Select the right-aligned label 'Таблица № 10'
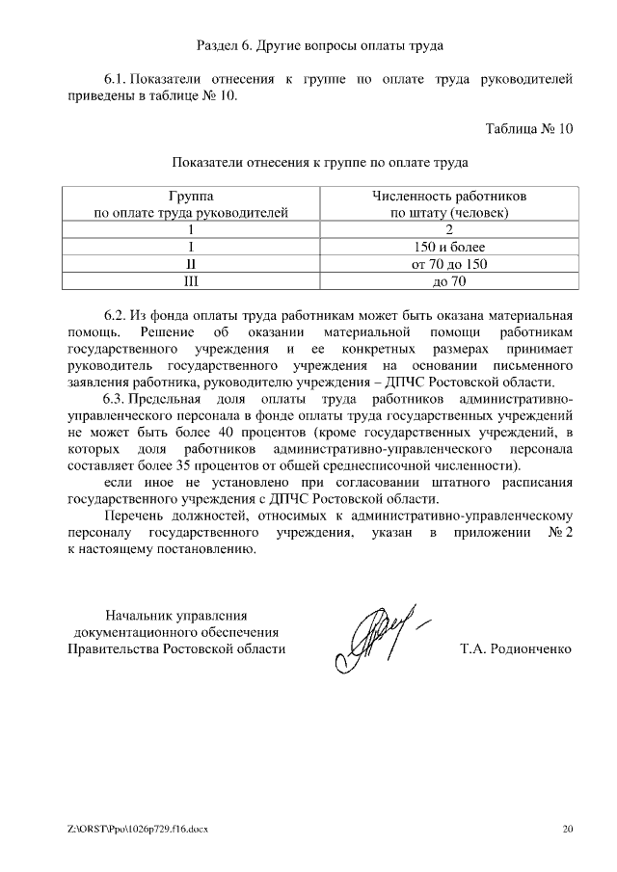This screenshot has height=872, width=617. (529, 128)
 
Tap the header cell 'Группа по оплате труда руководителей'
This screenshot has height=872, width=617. (190, 204)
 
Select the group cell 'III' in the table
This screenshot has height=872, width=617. (190, 281)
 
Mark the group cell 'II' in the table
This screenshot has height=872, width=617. (190, 264)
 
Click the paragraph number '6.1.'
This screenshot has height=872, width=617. (115, 77)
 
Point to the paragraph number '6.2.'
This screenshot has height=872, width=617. (115, 315)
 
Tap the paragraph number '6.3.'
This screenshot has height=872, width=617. (115, 399)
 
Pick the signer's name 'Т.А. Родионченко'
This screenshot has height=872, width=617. (517, 648)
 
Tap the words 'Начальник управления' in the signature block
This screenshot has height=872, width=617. (176, 615)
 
